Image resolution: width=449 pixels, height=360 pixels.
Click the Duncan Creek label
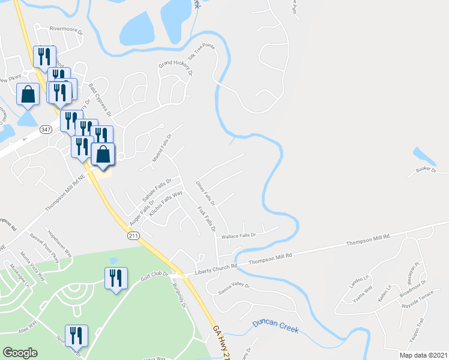(x=276, y=325)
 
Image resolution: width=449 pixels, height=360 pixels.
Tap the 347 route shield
(x=46, y=129)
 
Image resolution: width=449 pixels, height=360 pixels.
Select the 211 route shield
(x=133, y=236)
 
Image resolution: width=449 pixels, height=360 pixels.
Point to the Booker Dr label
(x=426, y=170)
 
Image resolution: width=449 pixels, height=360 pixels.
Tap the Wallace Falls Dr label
(x=239, y=236)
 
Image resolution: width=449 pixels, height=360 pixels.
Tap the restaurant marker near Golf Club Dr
(x=114, y=278)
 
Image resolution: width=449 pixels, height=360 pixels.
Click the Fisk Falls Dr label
(x=206, y=218)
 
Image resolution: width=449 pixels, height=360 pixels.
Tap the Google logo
(x=20, y=353)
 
